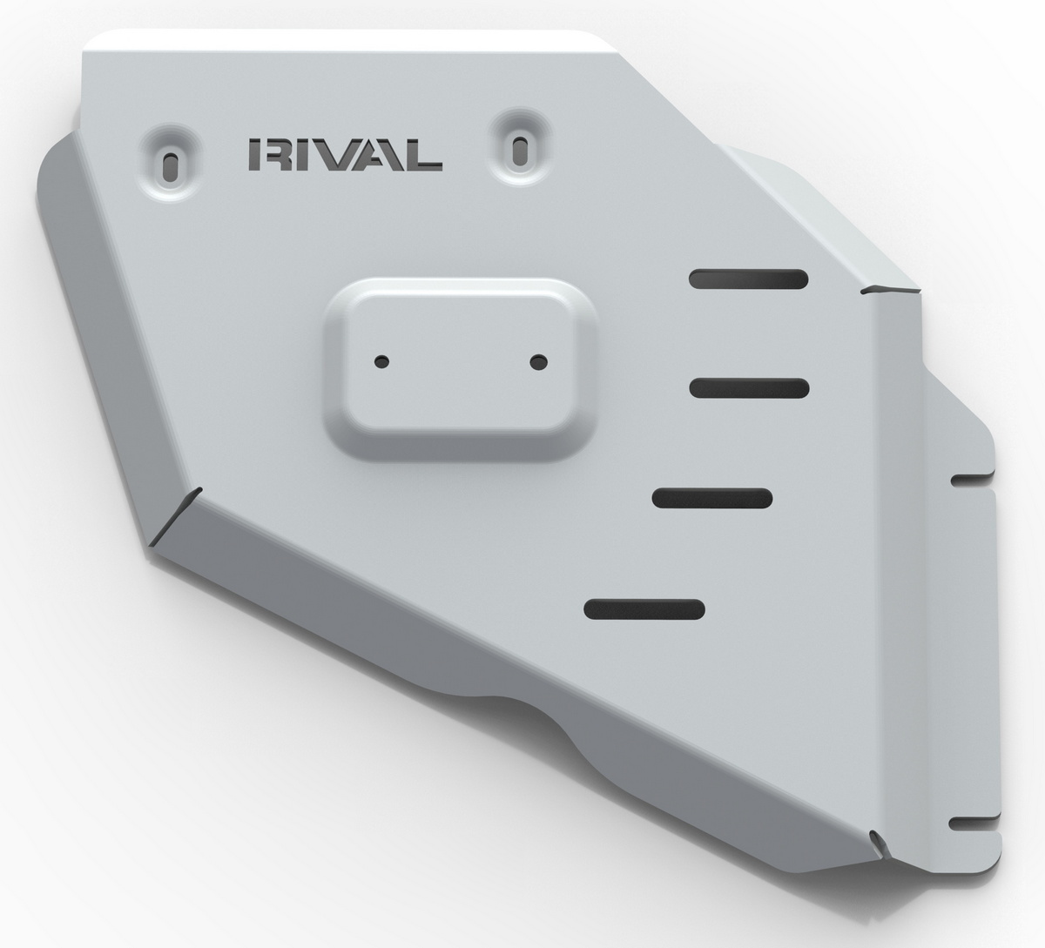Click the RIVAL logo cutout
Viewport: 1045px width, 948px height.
346,155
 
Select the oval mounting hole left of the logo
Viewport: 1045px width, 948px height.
169,168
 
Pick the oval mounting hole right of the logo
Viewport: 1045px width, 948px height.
519,151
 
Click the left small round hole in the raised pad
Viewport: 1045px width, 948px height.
381,361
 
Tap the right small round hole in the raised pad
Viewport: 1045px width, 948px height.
539,362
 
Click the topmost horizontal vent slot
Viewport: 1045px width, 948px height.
749,279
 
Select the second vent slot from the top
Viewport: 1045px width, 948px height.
749,388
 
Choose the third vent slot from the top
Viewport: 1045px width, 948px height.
712,498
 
